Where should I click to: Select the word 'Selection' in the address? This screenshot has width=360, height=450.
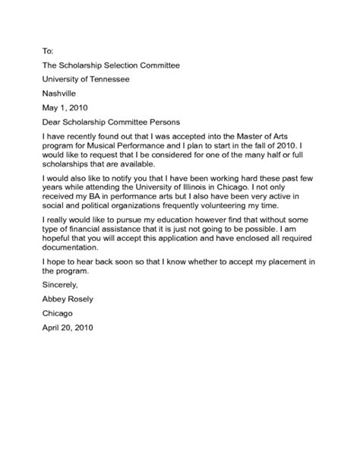(126, 65)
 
